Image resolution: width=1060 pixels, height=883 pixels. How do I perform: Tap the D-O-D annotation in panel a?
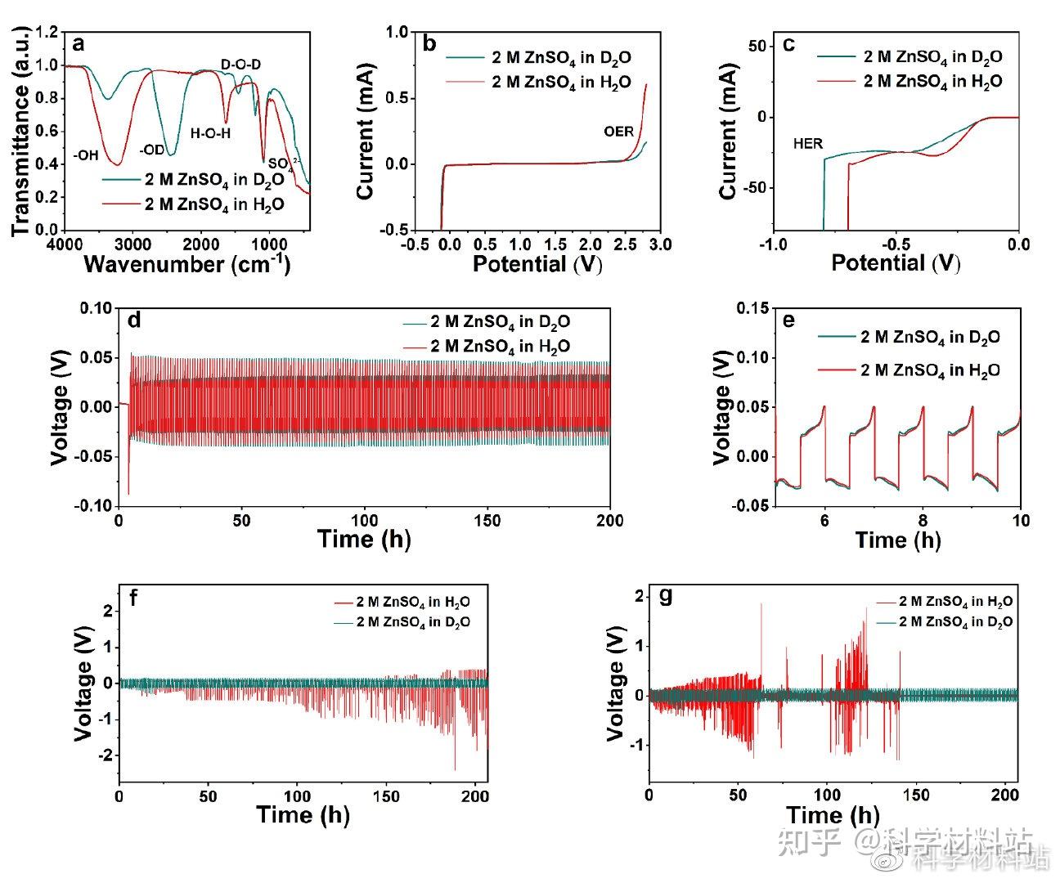241,64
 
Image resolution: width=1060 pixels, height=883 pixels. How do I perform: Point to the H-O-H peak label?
211,132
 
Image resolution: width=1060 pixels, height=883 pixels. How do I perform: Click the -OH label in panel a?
87,155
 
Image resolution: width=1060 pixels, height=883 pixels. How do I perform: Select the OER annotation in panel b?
618,131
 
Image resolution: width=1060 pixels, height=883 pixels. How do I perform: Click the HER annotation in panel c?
807,144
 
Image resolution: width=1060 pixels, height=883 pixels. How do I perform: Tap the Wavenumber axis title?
186,263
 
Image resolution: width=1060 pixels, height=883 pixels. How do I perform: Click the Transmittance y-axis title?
22,131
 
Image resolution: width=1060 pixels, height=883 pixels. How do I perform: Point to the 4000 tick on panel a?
65,244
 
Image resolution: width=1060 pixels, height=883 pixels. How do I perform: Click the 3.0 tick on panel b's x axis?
659,244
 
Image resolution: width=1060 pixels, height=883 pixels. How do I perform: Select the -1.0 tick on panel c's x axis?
773,244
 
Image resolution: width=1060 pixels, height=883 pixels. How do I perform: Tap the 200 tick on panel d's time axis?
610,520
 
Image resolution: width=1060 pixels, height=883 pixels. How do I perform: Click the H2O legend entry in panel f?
413,603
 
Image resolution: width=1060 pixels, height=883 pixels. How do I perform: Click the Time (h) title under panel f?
303,814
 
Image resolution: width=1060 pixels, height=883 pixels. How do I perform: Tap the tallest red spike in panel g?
761,604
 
